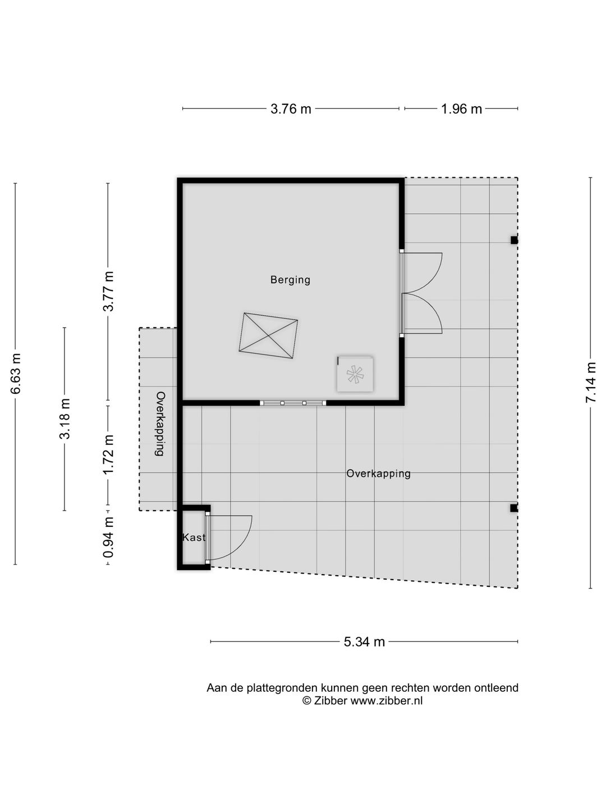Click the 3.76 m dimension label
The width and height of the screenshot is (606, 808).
[291, 109]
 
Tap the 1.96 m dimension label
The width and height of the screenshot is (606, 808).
[461, 109]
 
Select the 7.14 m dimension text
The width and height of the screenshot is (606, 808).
[590, 383]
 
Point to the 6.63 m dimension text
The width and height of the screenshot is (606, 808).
[16, 373]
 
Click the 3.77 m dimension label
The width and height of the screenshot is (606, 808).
[108, 291]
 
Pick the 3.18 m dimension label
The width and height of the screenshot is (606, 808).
[65, 419]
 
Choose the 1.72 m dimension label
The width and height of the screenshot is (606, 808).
[108, 455]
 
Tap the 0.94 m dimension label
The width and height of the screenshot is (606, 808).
[108, 537]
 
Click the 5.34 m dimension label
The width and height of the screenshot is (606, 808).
[364, 641]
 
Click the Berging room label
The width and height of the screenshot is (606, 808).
[290, 280]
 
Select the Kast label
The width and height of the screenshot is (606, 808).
[194, 538]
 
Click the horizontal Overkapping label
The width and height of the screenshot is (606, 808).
[378, 474]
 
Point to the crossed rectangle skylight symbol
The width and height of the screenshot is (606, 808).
[268, 336]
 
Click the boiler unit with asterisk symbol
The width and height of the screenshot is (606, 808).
[355, 374]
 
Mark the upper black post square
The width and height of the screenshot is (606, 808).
[514, 240]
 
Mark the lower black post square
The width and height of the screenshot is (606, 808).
[514, 508]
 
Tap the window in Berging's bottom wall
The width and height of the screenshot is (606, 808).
[293, 403]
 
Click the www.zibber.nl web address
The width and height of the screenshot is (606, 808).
[387, 700]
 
